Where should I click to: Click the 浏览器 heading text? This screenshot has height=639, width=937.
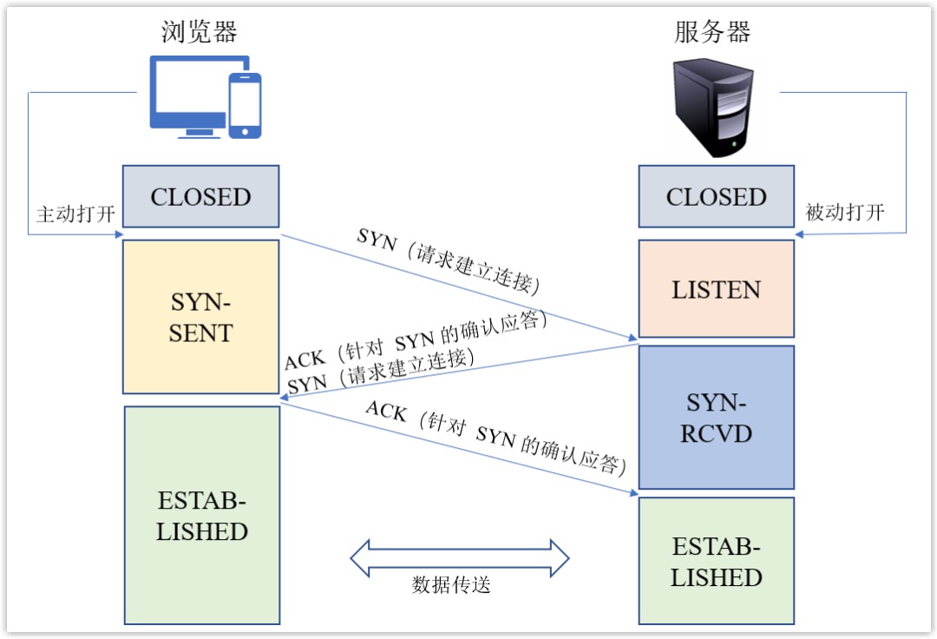200,32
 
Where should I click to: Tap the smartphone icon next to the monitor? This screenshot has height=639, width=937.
245,105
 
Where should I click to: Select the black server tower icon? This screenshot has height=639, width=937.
715,106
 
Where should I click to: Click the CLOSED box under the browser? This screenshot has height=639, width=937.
200,196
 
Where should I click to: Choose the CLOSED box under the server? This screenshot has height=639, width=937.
717,196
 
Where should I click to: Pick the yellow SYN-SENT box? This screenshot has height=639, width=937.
200,317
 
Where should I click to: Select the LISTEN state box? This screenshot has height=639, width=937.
717,289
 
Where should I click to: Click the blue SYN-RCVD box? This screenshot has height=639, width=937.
717,418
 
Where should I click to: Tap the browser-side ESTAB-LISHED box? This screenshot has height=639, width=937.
201,516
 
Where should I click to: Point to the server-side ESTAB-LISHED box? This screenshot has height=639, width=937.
717,561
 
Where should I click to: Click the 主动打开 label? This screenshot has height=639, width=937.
75,214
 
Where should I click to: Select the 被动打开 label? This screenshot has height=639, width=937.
844,213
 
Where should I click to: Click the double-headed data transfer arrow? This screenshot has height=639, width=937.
459,557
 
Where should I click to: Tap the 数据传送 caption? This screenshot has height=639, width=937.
451,585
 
